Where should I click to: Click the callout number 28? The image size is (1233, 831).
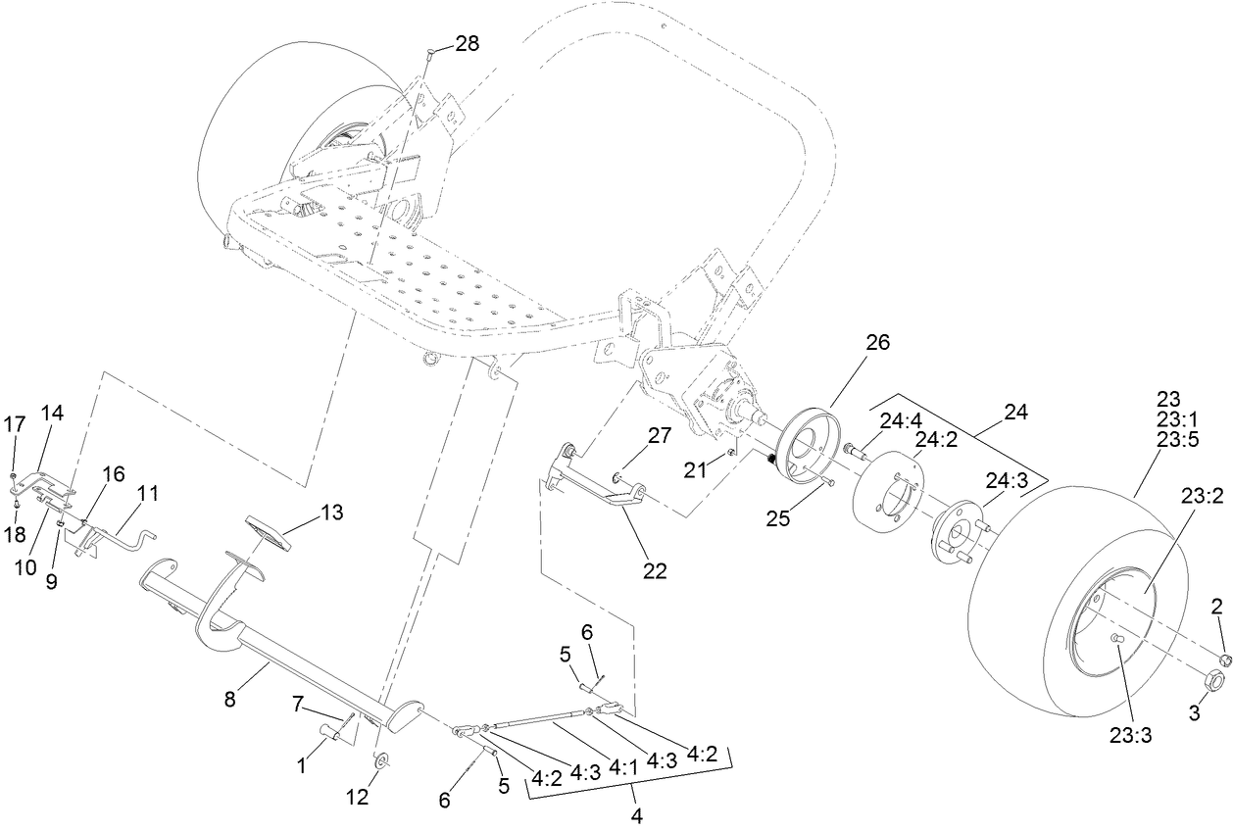point(467,43)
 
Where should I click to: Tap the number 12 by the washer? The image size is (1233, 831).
point(358,798)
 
